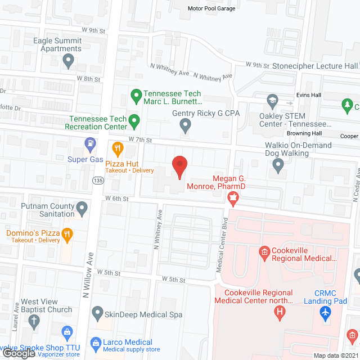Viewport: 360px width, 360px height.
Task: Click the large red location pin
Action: click(179, 166)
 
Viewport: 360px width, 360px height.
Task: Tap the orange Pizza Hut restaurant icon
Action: click(118, 148)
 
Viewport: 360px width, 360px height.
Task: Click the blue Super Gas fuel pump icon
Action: click(89, 145)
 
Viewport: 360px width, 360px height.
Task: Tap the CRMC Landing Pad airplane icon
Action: click(325, 312)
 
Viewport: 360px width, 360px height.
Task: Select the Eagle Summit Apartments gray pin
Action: click(68, 59)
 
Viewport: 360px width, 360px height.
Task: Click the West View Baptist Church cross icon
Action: click(35, 322)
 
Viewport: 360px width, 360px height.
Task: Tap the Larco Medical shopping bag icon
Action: click(97, 343)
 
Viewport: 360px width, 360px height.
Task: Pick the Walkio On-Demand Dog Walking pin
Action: click(278, 164)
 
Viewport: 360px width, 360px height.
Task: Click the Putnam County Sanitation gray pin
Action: click(82, 210)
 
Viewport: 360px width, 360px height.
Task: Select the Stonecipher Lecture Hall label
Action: click(314, 66)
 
